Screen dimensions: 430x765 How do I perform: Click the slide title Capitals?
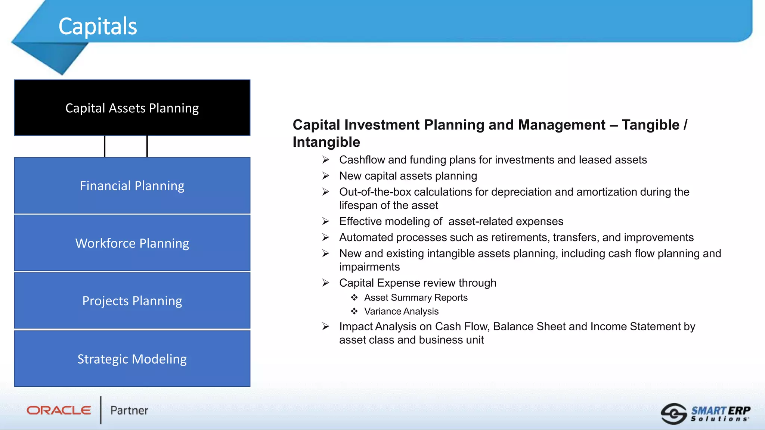click(98, 27)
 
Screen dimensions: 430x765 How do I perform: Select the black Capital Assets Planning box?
click(132, 108)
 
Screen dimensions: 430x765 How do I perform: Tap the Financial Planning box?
click(132, 186)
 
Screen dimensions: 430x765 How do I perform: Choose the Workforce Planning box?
click(132, 243)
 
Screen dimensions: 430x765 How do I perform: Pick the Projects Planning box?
click(132, 300)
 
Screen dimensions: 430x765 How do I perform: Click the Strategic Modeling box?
click(132, 359)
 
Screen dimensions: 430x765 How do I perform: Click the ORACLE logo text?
click(59, 410)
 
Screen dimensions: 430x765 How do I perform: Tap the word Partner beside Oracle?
click(129, 411)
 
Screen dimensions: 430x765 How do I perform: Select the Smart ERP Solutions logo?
click(706, 414)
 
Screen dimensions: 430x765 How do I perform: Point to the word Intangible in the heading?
click(326, 142)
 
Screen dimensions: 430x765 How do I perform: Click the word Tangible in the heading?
click(650, 125)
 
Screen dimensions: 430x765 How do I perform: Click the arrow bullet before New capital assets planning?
click(326, 176)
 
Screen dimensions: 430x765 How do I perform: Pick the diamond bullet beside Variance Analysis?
click(354, 311)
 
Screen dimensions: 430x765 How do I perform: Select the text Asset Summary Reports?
click(416, 297)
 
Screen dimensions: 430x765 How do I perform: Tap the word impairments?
click(369, 267)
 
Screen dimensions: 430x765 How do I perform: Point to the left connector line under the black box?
click(105, 146)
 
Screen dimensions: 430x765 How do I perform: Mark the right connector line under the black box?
click(147, 146)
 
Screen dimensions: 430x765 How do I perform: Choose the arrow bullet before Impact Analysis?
click(326, 327)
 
